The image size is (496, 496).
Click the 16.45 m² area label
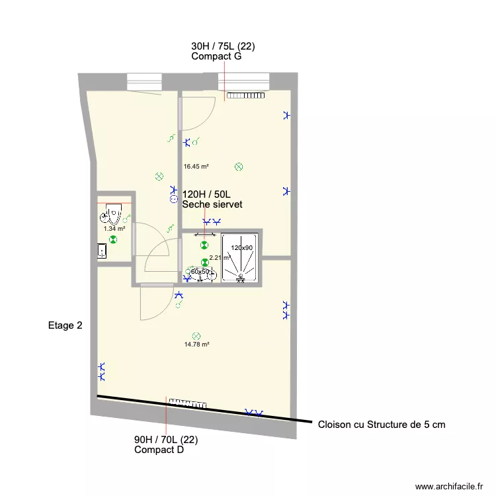196,167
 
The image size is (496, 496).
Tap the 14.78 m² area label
196,345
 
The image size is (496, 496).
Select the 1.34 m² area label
114,229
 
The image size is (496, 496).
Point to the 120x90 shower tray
241,258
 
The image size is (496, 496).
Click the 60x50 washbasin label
200,272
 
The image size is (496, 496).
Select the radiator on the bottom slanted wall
188,403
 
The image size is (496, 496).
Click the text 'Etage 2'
65,325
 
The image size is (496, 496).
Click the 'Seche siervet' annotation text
212,205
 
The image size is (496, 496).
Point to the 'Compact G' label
216,57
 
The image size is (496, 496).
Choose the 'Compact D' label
159,450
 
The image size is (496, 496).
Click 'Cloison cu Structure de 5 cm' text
382,425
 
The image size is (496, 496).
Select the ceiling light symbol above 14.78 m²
196,335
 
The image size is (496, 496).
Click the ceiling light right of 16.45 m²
239,167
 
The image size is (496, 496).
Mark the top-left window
145,81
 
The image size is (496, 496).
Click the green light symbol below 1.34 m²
114,239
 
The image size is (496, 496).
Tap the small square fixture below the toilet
102,251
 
